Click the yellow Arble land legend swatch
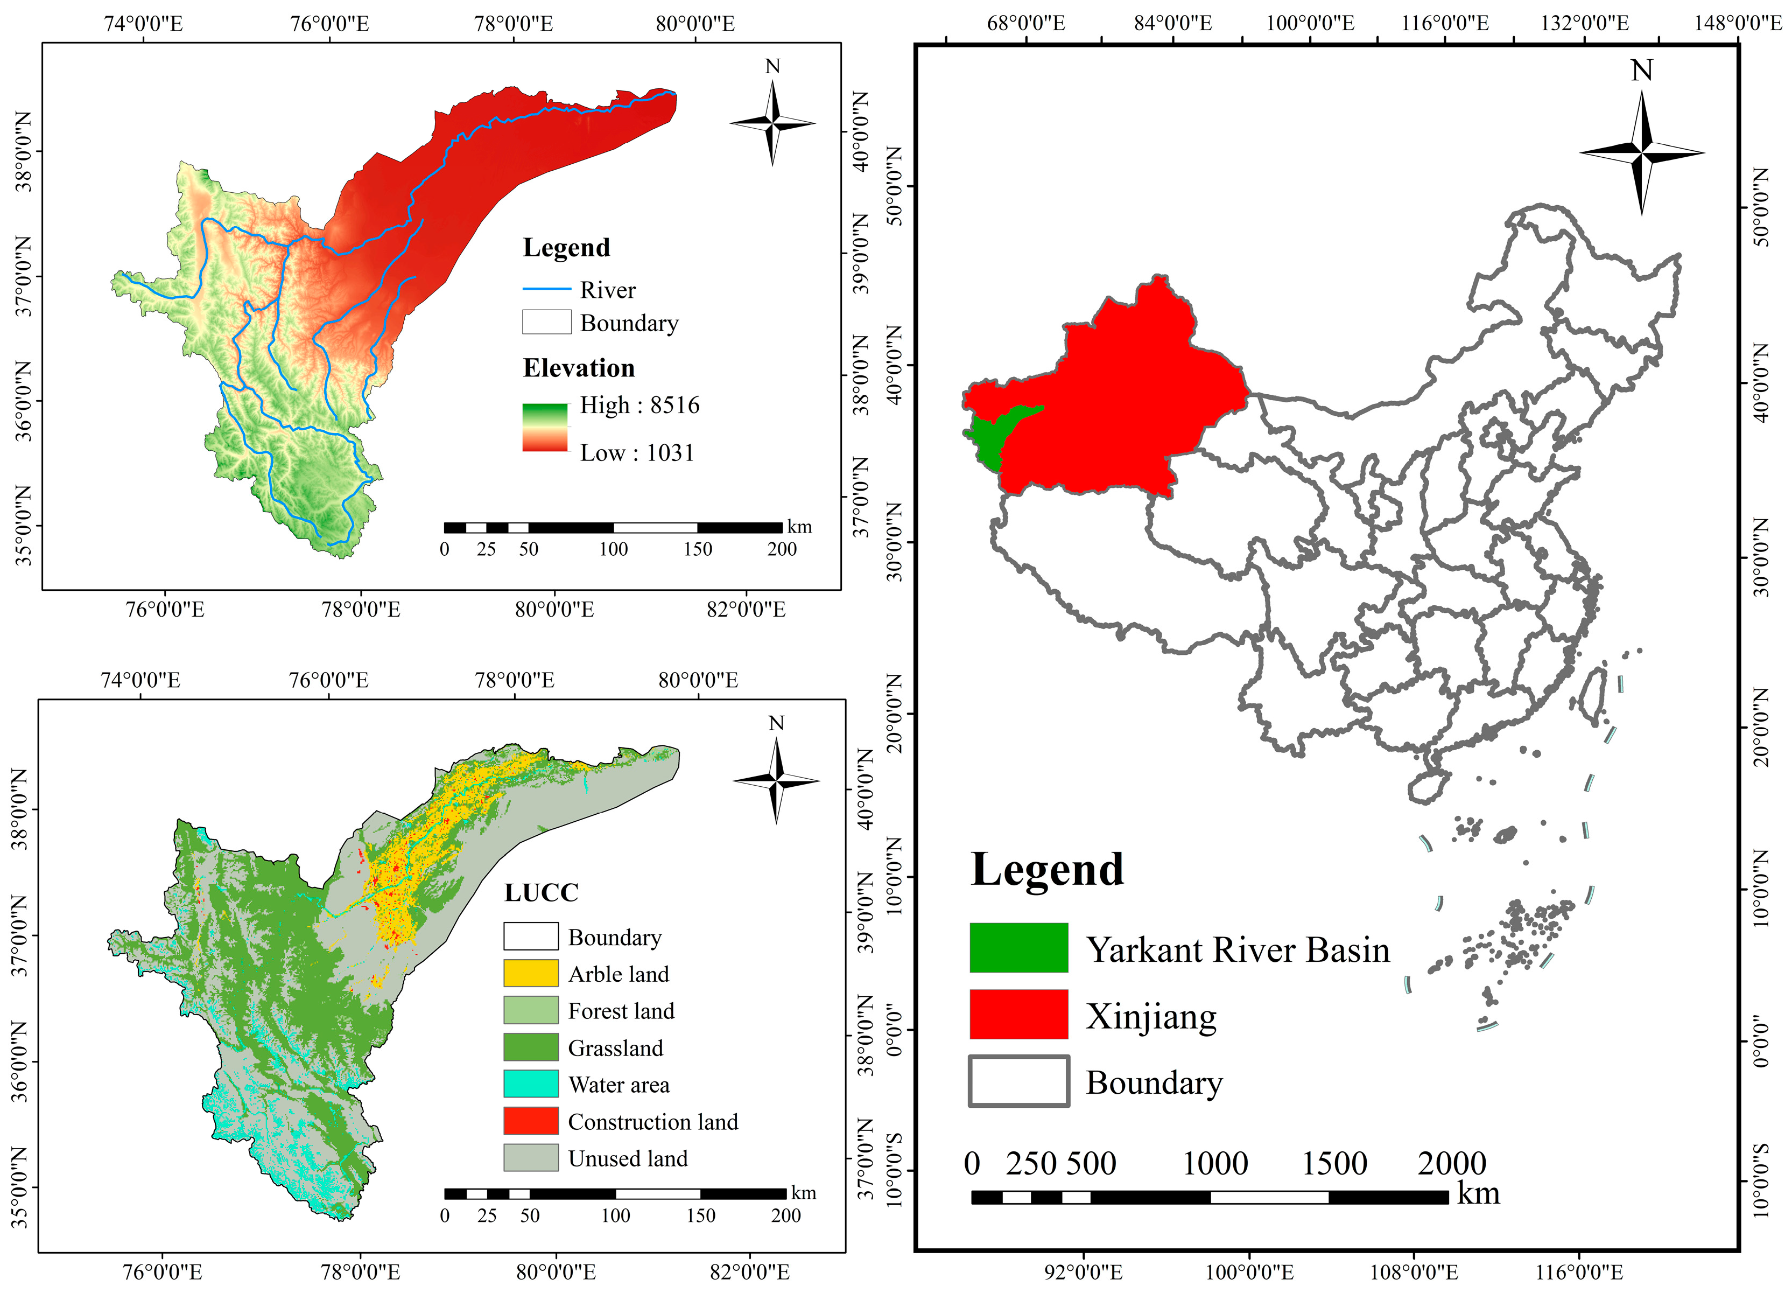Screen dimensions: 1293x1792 click(530, 973)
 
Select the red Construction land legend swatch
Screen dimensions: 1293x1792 click(530, 1121)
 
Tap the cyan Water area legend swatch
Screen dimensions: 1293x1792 click(530, 1084)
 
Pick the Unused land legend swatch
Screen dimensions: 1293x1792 click(530, 1158)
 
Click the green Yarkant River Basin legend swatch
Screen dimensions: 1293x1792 click(1018, 948)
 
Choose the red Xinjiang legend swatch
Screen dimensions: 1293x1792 click(1018, 1014)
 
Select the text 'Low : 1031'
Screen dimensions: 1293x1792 click(636, 453)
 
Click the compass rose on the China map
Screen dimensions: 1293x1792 click(1641, 152)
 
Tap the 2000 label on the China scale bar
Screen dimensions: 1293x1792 click(1451, 1163)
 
